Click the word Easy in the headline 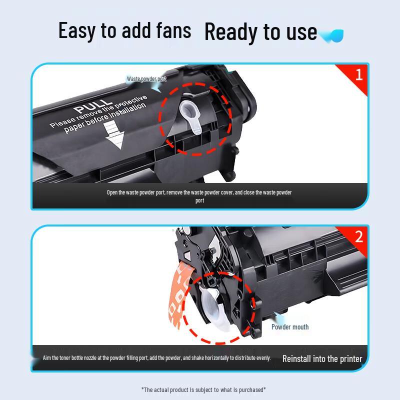77,31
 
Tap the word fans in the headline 173,30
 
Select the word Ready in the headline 230,32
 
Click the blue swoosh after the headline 331,35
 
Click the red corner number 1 359,74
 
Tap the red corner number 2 358,236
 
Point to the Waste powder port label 146,79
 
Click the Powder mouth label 290,327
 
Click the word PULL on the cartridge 93,106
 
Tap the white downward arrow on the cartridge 113,134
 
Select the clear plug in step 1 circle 190,116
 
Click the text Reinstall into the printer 322,358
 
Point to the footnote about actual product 203,389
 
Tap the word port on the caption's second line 199,201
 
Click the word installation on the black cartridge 127,111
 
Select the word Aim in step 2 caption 47,357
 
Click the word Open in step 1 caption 112,192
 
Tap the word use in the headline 301,32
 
